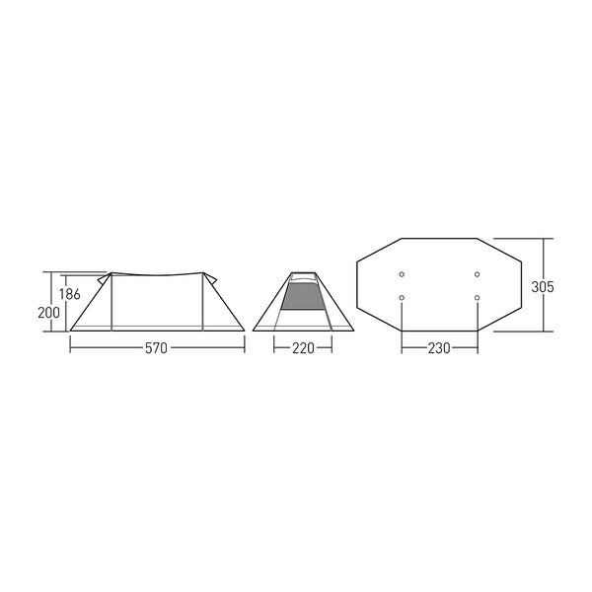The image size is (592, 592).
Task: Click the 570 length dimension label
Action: click(x=156, y=348)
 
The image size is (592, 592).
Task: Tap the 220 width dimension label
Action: click(x=303, y=348)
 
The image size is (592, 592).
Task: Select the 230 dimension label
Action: click(x=439, y=348)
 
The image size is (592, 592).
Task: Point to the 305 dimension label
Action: click(x=543, y=287)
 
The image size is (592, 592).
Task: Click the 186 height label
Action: click(x=69, y=294)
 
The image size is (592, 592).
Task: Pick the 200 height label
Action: click(x=48, y=313)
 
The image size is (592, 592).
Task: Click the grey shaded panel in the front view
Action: click(x=303, y=297)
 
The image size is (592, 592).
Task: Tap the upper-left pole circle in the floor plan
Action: click(x=402, y=274)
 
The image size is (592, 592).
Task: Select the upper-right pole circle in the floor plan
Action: click(x=478, y=274)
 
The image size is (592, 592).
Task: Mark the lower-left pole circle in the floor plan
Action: click(x=402, y=298)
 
